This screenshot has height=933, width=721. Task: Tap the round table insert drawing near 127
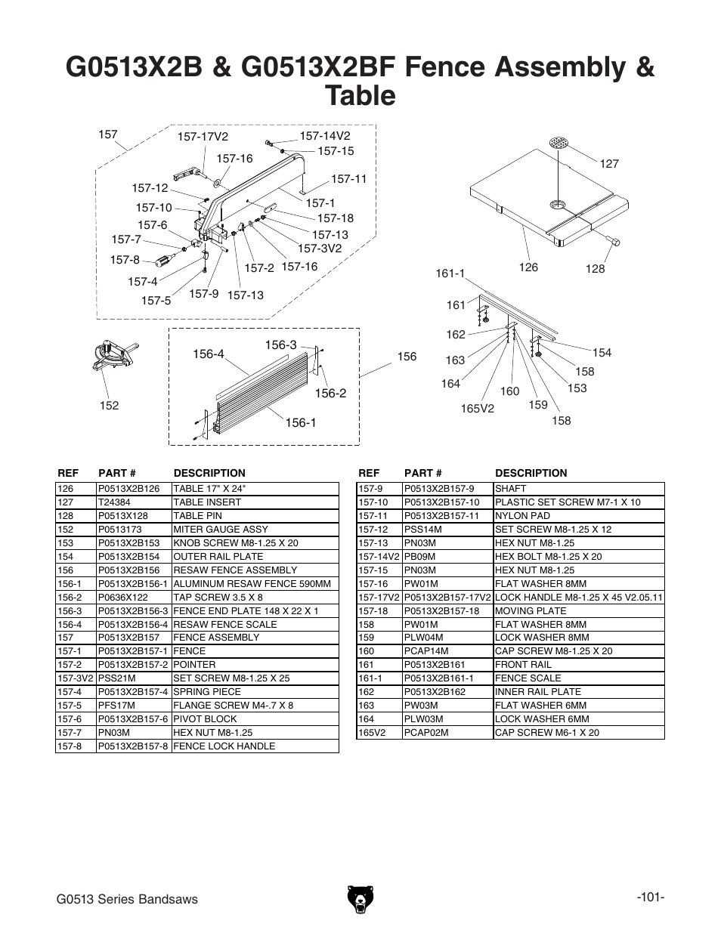(x=559, y=144)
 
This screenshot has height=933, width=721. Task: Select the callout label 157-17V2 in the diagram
(x=203, y=137)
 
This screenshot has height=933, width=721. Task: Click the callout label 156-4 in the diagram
(x=209, y=354)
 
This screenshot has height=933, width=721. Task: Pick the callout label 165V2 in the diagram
(x=477, y=409)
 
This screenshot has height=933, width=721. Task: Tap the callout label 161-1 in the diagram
(x=450, y=273)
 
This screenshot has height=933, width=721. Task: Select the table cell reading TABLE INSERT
(x=207, y=502)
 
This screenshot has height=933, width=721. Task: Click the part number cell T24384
(x=116, y=502)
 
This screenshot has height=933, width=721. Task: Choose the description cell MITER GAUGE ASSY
(x=221, y=530)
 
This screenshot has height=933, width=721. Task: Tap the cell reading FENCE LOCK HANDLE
(x=224, y=746)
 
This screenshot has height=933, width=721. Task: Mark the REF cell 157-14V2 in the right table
(x=378, y=557)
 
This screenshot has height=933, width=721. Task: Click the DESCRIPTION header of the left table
(x=209, y=474)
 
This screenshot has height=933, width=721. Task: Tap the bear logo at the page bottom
(x=360, y=898)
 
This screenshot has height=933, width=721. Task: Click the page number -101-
(x=650, y=897)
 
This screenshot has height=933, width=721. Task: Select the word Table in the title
(x=360, y=96)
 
